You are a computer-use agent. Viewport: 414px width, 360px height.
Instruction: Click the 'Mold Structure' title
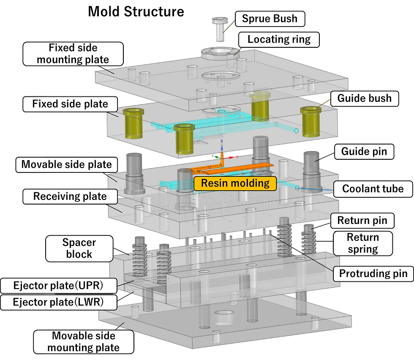pos(136,11)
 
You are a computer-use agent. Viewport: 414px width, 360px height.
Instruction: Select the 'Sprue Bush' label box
pos(269,19)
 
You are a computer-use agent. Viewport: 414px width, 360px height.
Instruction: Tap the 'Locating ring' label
pos(279,40)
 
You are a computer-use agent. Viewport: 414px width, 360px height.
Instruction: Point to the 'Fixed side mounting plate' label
pos(73,54)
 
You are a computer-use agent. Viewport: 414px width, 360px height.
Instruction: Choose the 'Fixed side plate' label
pos(70,104)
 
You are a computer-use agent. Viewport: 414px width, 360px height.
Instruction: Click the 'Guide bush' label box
pos(364,99)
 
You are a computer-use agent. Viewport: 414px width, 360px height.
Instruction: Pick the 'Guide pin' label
pos(364,152)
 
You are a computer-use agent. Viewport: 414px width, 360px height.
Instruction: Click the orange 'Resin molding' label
pos(235,183)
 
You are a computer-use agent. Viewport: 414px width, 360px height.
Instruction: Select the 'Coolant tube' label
pos(373,188)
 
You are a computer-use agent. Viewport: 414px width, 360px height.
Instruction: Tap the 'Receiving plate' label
pos(70,196)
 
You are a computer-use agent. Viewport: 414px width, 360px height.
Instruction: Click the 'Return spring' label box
pos(363,243)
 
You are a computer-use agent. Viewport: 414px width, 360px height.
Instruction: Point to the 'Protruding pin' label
pos(373,273)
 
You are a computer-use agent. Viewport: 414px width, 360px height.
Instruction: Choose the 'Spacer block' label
pos(79,248)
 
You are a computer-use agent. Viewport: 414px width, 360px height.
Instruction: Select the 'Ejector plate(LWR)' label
pos(58,302)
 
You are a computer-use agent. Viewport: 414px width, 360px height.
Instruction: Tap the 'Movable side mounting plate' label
pos(84,342)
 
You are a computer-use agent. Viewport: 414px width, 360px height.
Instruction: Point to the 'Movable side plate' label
pos(67,164)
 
